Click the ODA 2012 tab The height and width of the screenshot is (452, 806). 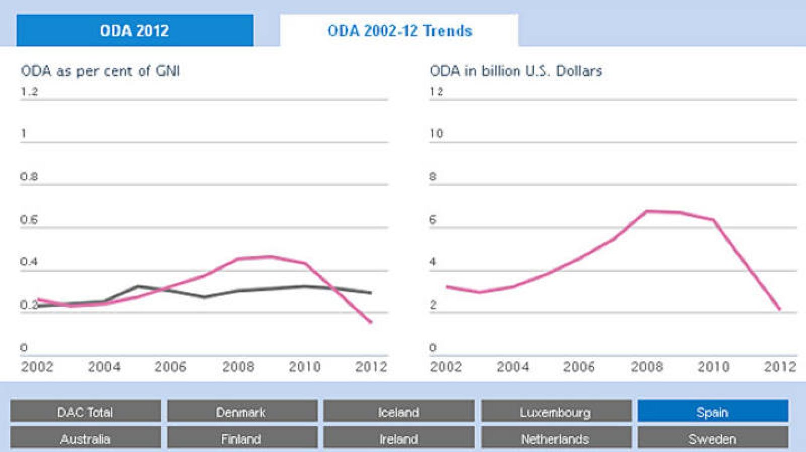point(135,30)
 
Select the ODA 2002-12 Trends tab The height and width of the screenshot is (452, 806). point(399,30)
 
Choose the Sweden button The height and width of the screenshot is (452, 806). point(712,439)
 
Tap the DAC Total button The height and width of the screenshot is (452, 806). point(85,412)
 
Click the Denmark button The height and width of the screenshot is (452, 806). point(241,412)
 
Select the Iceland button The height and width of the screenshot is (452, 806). point(398,412)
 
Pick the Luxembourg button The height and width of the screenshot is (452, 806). point(555,412)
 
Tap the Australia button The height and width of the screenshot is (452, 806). point(85,439)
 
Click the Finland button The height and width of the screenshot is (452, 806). point(241,439)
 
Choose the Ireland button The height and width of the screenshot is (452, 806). point(398,439)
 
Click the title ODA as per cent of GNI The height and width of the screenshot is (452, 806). point(100,71)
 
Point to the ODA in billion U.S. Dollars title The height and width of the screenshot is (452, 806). point(516,71)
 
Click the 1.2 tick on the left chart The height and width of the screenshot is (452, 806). point(29,92)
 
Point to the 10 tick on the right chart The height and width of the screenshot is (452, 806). point(436,134)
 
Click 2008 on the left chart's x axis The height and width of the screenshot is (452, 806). point(238,367)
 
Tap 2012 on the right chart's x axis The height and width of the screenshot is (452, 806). point(779,367)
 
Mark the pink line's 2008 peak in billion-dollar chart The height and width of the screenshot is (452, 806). point(647,211)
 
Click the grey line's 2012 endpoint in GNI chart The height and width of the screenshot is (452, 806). point(371,293)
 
